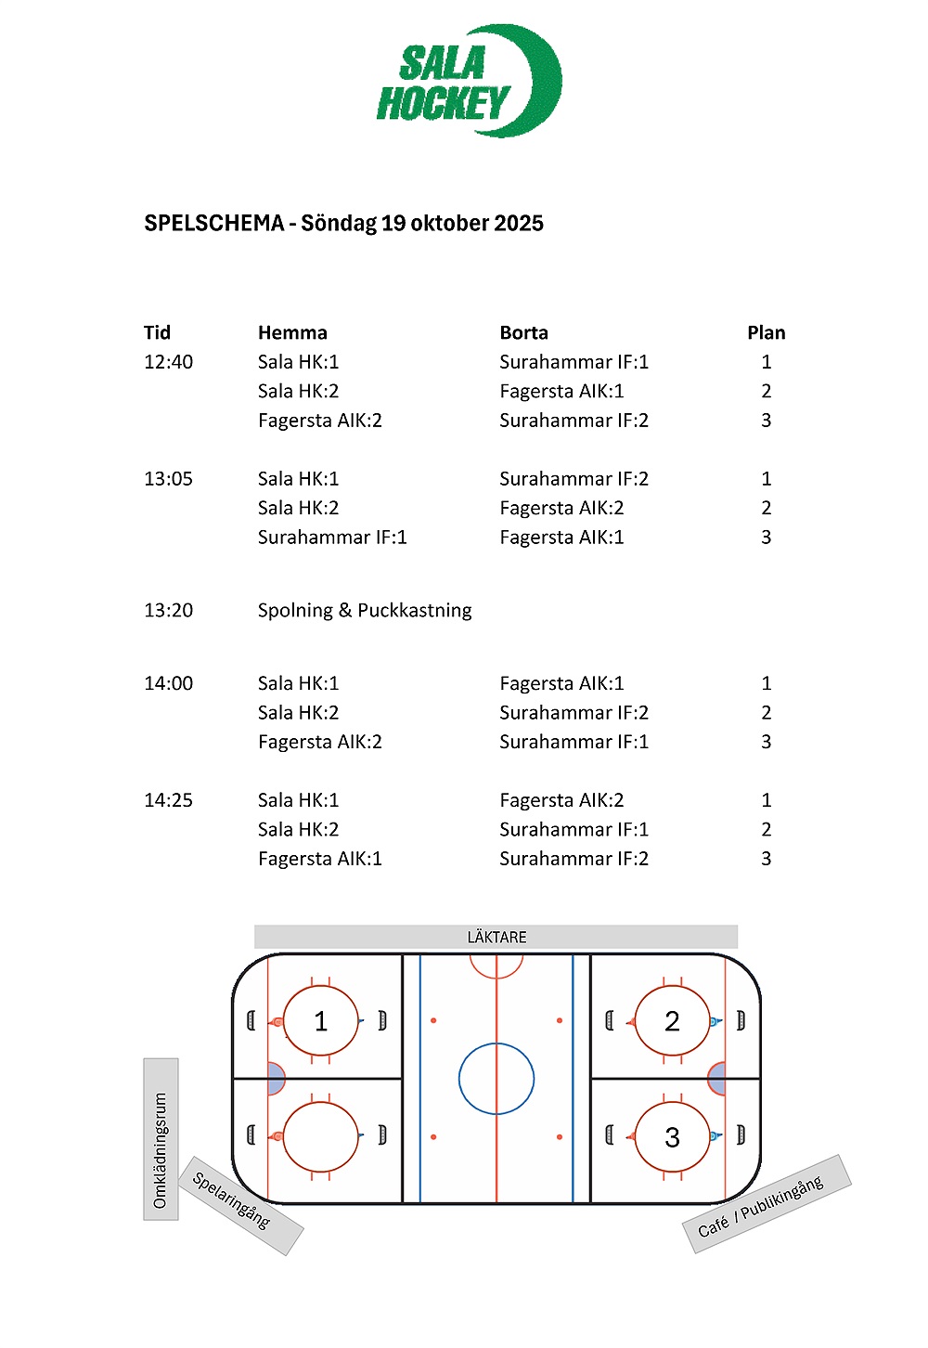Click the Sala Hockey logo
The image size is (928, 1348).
pos(469,82)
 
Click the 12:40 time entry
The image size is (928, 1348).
pos(168,362)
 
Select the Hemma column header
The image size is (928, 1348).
pos(292,332)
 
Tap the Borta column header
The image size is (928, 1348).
pos(523,332)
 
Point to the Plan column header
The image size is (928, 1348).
pos(766,332)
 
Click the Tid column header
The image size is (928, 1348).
pos(157,332)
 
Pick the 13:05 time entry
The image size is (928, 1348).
pos(168,479)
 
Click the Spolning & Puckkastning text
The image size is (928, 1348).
pos(365,610)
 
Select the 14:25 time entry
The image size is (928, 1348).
pos(168,800)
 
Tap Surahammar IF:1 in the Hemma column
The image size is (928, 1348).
pos(332,538)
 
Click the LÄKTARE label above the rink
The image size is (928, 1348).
pos(496,937)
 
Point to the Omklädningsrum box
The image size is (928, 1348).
pos(161,1138)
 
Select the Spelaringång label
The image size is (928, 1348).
pos(232,1200)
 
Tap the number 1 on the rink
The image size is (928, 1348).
pos(320,1022)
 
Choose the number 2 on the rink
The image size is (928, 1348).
pos(672,1022)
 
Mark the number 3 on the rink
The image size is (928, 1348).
pos(672,1137)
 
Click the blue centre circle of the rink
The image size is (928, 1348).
pos(496,1079)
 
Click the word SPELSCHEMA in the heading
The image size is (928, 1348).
pos(213,224)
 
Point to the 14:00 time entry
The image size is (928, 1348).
pos(168,683)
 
